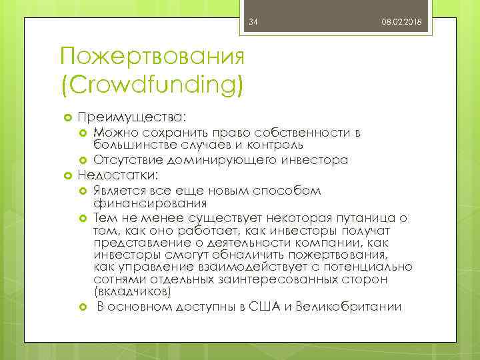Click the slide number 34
point(253,23)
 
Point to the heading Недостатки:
point(119,175)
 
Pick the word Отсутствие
point(123,160)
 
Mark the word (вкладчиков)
point(132,291)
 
